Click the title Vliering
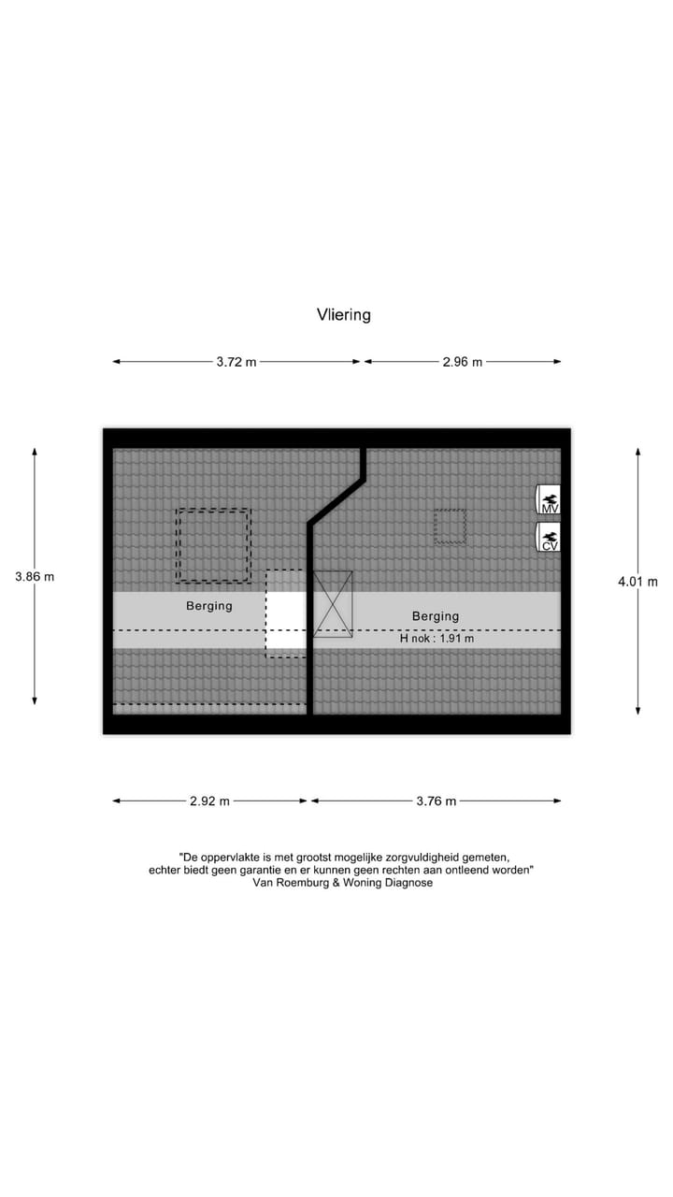[x=344, y=315]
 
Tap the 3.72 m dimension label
[x=236, y=362]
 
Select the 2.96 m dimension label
[x=463, y=362]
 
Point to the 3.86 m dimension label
[x=35, y=577]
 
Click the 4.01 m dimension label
[x=637, y=582]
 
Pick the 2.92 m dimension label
[x=209, y=801]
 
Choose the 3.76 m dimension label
[x=437, y=801]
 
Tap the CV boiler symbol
[x=548, y=538]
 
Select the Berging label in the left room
[x=209, y=606]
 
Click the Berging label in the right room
[x=436, y=616]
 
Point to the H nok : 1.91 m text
[x=437, y=639]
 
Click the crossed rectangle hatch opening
[x=334, y=604]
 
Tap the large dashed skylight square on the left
[x=213, y=545]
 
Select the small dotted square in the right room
[x=450, y=526]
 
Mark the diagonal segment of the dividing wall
[x=336, y=502]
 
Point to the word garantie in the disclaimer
[x=265, y=870]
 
